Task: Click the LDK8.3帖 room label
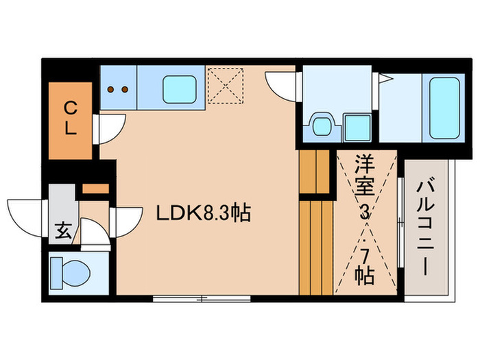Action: (203, 213)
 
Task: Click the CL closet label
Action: (70, 119)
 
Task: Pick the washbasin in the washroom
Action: (320, 125)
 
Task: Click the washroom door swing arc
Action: (281, 86)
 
